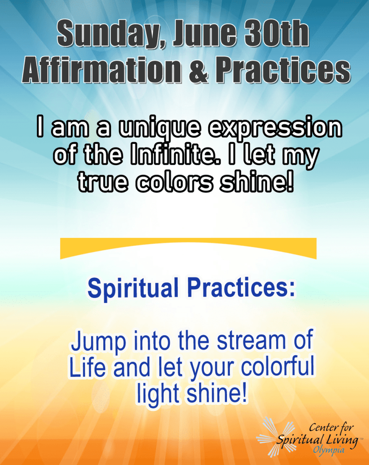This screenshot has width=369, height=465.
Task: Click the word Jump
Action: point(98,342)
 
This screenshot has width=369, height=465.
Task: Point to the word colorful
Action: point(278,366)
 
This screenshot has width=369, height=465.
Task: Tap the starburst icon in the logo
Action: point(275,436)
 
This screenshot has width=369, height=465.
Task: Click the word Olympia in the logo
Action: point(329,450)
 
